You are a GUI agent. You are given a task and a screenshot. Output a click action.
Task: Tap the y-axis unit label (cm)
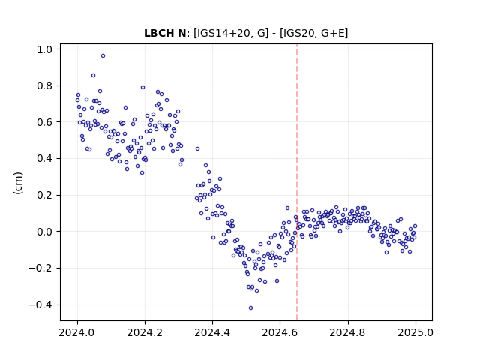point(18,183)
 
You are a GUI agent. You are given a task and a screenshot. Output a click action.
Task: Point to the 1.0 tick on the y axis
point(46,49)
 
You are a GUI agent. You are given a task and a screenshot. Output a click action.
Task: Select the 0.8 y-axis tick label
point(46,85)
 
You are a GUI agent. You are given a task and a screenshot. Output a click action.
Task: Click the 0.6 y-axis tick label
point(46,122)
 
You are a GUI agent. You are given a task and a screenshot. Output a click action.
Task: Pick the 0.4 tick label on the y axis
point(46,158)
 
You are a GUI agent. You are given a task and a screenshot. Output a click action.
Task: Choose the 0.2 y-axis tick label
point(46,195)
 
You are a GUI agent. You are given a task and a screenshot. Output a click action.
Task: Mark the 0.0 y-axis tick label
point(46,232)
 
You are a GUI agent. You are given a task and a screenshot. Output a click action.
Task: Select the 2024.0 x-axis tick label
point(77,332)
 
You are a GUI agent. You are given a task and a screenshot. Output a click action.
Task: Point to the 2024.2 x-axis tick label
point(145,332)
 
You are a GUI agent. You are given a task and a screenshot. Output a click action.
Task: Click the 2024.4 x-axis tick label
point(212,332)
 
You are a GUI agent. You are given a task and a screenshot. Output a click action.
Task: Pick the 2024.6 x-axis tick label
point(280,332)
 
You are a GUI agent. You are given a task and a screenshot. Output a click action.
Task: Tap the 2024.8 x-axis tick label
point(348,332)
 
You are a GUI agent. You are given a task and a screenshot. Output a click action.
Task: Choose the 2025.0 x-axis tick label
point(415,332)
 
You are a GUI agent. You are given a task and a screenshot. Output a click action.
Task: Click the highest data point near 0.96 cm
point(103,56)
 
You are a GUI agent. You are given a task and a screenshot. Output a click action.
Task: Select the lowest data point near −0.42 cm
point(250,308)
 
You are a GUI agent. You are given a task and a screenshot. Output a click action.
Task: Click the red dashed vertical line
point(297,182)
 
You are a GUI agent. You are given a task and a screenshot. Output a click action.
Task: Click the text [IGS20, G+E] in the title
point(313,33)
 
